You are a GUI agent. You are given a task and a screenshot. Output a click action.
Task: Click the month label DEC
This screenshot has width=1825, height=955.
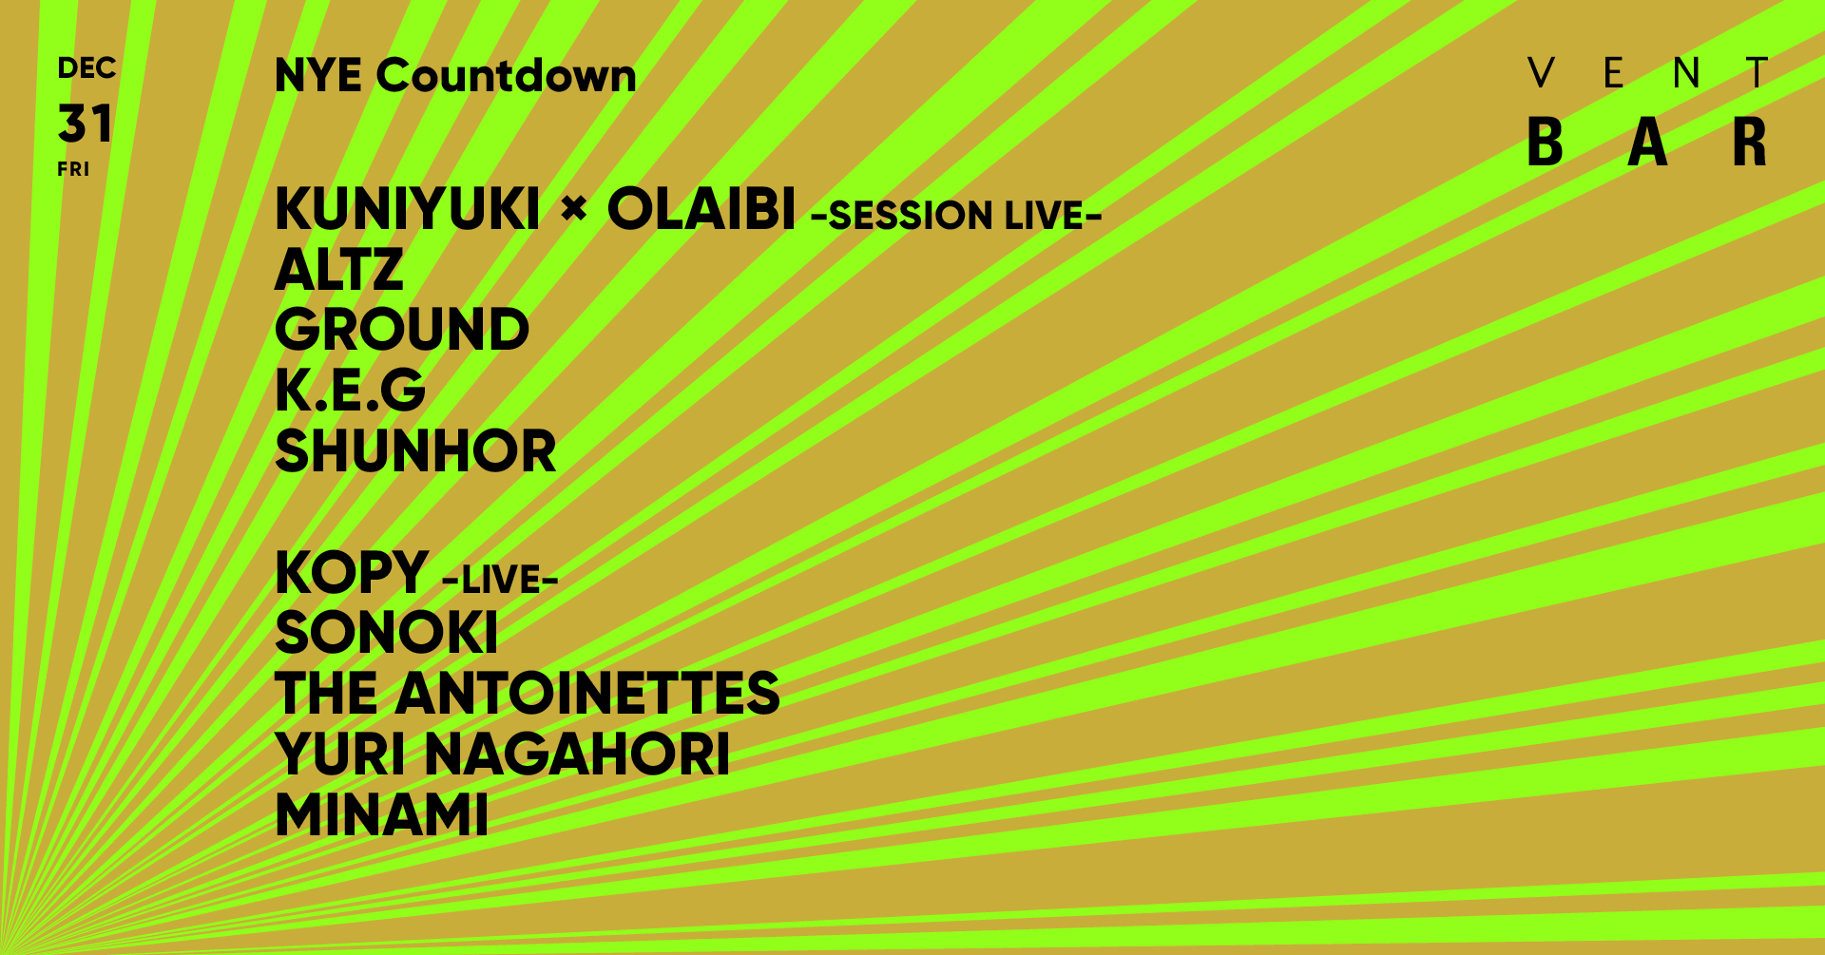coord(86,68)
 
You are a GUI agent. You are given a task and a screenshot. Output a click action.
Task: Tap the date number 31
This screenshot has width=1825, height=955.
coord(86,124)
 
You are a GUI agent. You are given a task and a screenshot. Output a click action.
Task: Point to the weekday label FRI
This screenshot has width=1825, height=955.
coord(73,169)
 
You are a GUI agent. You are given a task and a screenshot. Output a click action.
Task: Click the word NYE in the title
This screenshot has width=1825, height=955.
coord(318,76)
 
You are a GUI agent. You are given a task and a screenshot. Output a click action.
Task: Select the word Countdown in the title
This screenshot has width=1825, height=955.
coord(507,76)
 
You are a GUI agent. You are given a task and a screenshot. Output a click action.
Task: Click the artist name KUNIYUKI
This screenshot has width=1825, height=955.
coord(407,209)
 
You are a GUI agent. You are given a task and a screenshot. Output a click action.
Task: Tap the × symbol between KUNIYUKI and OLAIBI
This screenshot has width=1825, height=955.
coord(574,207)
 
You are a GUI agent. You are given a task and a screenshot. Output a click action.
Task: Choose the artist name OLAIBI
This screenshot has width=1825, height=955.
coord(701,209)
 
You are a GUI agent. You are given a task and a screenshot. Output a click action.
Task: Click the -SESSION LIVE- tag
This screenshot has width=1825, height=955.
coord(956,216)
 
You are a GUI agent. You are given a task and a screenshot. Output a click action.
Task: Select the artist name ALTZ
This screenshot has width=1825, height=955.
coord(339,270)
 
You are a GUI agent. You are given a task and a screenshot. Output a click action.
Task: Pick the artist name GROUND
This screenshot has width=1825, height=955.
coord(401,330)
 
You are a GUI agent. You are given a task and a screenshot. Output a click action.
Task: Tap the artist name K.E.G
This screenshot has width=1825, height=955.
coord(350,391)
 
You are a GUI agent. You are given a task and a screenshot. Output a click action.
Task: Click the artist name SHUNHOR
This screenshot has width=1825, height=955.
coord(415,451)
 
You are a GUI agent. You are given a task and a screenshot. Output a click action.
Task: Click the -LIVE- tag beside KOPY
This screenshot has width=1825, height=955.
coord(501,579)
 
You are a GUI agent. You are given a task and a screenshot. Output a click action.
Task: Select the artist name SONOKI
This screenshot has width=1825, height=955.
coord(386,633)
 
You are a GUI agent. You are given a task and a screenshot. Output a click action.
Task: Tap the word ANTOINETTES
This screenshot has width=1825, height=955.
coord(587,694)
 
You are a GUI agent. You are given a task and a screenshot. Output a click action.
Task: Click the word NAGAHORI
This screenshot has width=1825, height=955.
coord(577,754)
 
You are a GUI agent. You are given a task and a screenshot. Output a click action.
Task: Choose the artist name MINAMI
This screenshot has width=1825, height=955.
coord(381,815)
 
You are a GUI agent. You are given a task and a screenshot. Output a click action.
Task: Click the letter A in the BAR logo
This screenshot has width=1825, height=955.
coord(1648,143)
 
